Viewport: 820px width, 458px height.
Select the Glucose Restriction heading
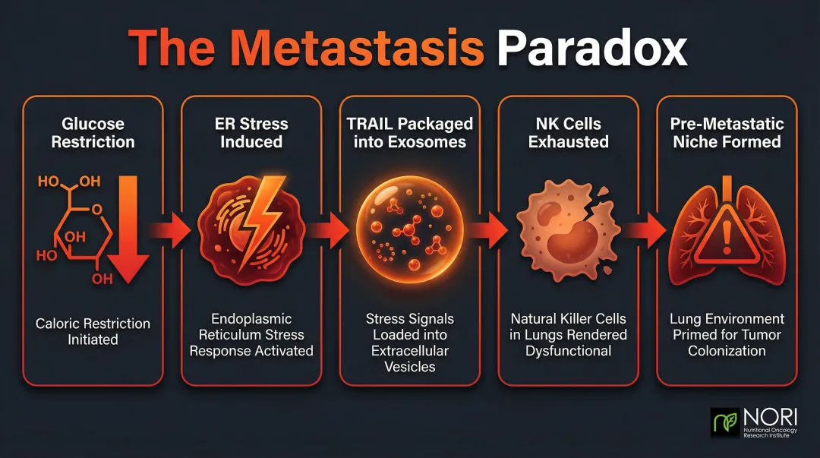pyautogui.click(x=93, y=132)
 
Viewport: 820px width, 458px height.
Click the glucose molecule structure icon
pyautogui.click(x=73, y=228)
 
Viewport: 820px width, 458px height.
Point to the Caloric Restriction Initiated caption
pyautogui.click(x=93, y=331)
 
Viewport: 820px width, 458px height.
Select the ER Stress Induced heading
pyautogui.click(x=251, y=132)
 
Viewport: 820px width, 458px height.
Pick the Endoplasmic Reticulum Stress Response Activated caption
pyautogui.click(x=251, y=335)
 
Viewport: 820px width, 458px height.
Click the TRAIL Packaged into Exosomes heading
pyautogui.click(x=409, y=132)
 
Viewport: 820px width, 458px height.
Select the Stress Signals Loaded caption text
pyautogui.click(x=409, y=343)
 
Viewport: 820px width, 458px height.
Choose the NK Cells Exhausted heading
pyautogui.click(x=568, y=132)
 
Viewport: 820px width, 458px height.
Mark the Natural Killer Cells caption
pyautogui.click(x=568, y=335)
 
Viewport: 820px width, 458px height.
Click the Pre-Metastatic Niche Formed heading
pyautogui.click(x=727, y=132)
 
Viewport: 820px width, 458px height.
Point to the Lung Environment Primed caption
pyautogui.click(x=727, y=335)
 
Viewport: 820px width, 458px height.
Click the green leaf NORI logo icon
pyautogui.click(x=725, y=422)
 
